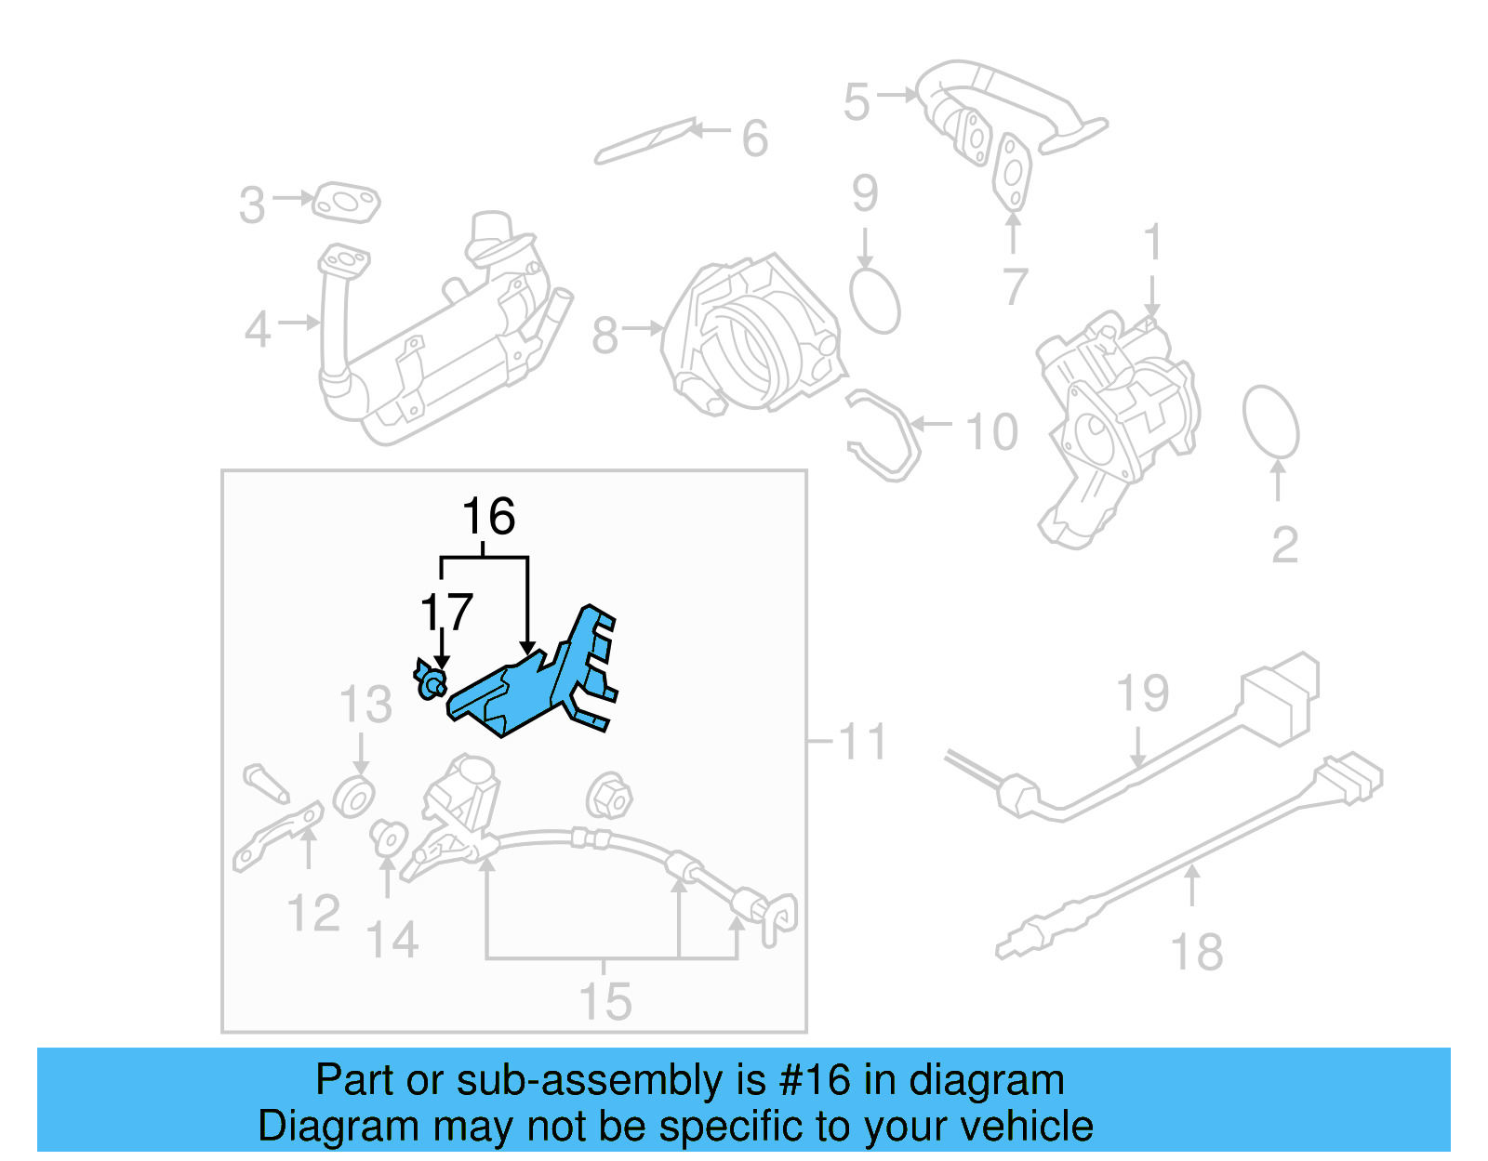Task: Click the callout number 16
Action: pyautogui.click(x=488, y=517)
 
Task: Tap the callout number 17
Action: pyautogui.click(x=447, y=613)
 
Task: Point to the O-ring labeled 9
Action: pyautogui.click(x=875, y=300)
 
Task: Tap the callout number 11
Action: pyautogui.click(x=862, y=742)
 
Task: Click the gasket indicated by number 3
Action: pyautogui.click(x=345, y=204)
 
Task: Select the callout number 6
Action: pyautogui.click(x=755, y=139)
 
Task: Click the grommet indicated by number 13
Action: pyautogui.click(x=354, y=798)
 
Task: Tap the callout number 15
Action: pyautogui.click(x=605, y=1001)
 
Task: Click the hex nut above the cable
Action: pyautogui.click(x=609, y=797)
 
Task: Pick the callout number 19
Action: pyautogui.click(x=1142, y=694)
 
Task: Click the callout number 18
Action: pyautogui.click(x=1196, y=953)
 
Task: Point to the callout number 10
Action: pyautogui.click(x=992, y=432)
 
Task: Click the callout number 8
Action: pyautogui.click(x=604, y=336)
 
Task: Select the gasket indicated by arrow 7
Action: pyautogui.click(x=1012, y=173)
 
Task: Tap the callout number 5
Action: pyautogui.click(x=857, y=101)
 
